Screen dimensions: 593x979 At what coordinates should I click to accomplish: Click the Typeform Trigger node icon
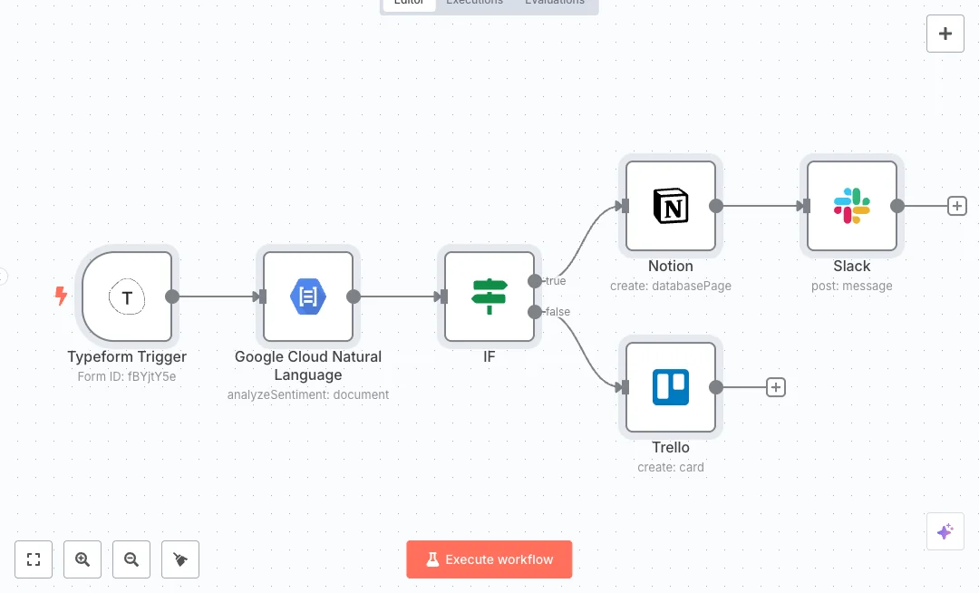coord(127,296)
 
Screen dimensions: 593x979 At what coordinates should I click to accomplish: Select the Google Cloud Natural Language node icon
coord(308,296)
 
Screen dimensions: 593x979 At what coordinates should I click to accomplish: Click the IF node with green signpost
coord(489,296)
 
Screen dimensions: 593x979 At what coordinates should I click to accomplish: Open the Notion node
coord(671,206)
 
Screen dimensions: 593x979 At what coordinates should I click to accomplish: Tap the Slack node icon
coord(852,206)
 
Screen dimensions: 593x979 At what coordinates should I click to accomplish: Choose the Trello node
coord(671,387)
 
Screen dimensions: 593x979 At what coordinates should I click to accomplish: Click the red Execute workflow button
coord(489,559)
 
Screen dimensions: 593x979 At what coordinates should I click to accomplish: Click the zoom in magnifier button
coord(82,559)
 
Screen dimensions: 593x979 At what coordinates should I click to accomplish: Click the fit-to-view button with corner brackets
coord(34,559)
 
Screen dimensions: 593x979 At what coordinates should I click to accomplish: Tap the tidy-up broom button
coord(180,559)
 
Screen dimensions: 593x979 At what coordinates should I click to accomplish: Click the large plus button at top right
coord(945,34)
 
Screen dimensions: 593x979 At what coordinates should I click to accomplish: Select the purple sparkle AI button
coord(945,531)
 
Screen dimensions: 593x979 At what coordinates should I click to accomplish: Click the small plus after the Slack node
coord(957,206)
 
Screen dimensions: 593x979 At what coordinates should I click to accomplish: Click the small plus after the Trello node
coord(776,387)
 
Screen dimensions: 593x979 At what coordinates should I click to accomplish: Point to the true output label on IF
coord(556,281)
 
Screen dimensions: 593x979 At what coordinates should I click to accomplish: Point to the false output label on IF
coord(557,312)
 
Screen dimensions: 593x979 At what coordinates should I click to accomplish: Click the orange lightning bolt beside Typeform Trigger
coord(61,296)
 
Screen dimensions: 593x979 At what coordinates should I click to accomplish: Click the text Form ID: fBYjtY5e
coord(127,376)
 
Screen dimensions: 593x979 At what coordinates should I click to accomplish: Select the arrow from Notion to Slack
coord(761,206)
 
